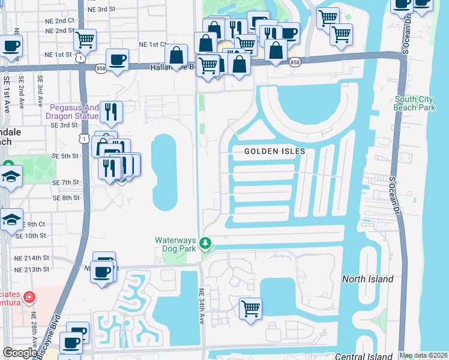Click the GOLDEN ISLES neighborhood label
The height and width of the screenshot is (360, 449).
click(275, 152)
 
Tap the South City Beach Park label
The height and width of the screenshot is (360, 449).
click(415, 103)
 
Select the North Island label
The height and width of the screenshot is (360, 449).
click(367, 279)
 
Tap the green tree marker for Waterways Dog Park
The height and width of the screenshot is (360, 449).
click(206, 243)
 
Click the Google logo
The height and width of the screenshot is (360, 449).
click(19, 353)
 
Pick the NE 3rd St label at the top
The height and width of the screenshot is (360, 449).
click(101, 10)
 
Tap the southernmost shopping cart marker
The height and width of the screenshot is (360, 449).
click(250, 308)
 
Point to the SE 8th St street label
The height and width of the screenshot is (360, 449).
click(65, 197)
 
